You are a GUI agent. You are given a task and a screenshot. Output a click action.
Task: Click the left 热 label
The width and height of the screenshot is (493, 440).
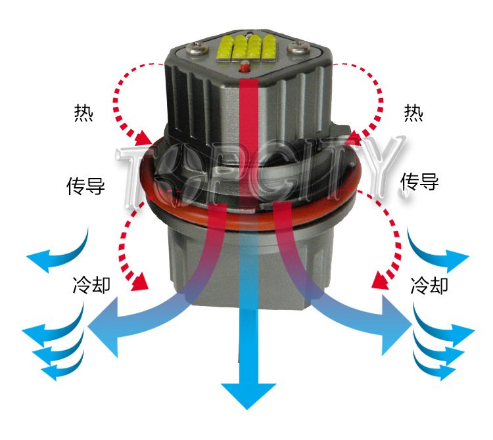pyautogui.click(x=83, y=113)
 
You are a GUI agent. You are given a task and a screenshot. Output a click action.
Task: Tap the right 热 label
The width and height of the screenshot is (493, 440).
pyautogui.click(x=413, y=113)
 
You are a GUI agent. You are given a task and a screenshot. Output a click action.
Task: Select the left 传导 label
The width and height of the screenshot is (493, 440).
pyautogui.click(x=85, y=186)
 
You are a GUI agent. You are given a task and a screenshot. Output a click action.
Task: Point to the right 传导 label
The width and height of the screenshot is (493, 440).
pyautogui.click(x=419, y=181)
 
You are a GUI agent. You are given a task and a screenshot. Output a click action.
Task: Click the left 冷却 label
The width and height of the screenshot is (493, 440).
pyautogui.click(x=91, y=285)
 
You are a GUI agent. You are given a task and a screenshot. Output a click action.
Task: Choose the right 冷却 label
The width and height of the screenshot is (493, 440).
pyautogui.click(x=429, y=285)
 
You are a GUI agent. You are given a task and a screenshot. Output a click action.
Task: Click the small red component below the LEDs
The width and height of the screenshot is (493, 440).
pyautogui.click(x=245, y=66)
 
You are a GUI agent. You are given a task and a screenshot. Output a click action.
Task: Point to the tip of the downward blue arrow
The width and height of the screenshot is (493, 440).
pyautogui.click(x=247, y=409)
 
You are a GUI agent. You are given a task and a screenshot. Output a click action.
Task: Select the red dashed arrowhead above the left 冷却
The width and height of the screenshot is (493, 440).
pyautogui.click(x=139, y=281)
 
